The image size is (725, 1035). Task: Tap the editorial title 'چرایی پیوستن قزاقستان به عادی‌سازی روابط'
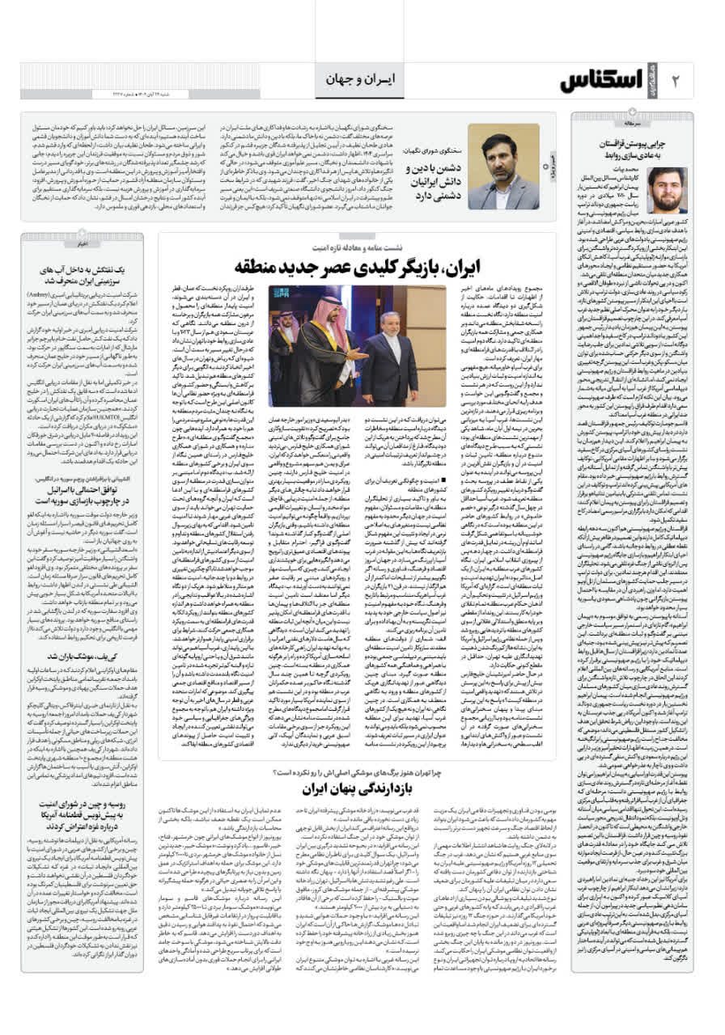(638, 146)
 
